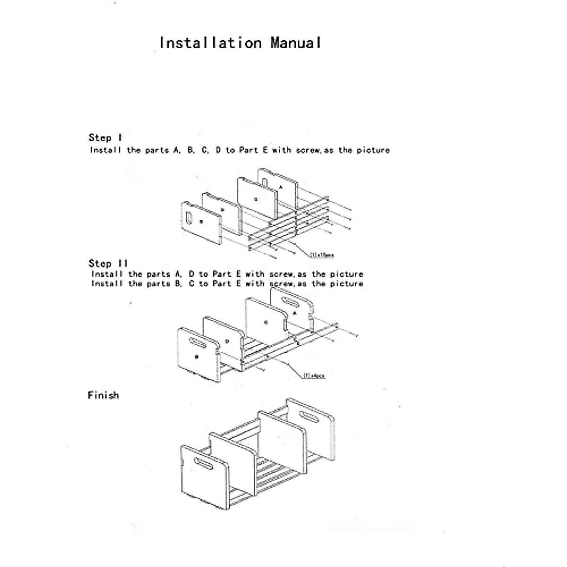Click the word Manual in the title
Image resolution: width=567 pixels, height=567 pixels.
point(296,43)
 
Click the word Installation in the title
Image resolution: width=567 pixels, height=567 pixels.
point(210,43)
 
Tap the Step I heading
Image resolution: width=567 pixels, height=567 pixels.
point(105,138)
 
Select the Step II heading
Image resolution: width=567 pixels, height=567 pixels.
point(108,264)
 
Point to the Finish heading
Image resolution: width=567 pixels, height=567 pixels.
point(103,395)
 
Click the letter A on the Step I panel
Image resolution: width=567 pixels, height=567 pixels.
point(281,187)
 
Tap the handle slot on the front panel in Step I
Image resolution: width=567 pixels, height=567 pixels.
point(190,218)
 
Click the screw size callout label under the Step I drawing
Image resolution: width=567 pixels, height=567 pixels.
point(322,255)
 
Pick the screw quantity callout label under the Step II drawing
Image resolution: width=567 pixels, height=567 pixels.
point(314,376)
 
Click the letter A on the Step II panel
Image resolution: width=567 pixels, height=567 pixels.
point(295,313)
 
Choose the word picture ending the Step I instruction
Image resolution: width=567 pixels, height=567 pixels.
point(373,150)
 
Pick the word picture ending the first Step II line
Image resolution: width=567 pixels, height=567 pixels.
point(346,274)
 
